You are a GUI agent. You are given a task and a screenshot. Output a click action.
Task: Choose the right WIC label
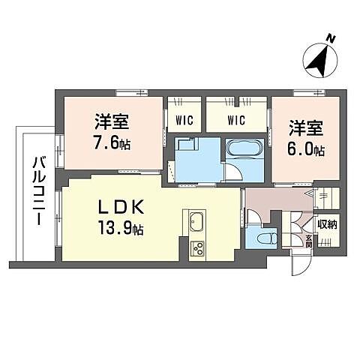point(238,118)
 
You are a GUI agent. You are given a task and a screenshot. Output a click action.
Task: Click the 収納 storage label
point(326,223)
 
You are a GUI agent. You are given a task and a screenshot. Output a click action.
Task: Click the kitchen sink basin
point(198,223)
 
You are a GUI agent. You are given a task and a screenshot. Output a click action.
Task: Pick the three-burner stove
point(199,247)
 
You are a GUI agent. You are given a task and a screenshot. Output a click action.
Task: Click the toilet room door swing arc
point(254,216)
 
